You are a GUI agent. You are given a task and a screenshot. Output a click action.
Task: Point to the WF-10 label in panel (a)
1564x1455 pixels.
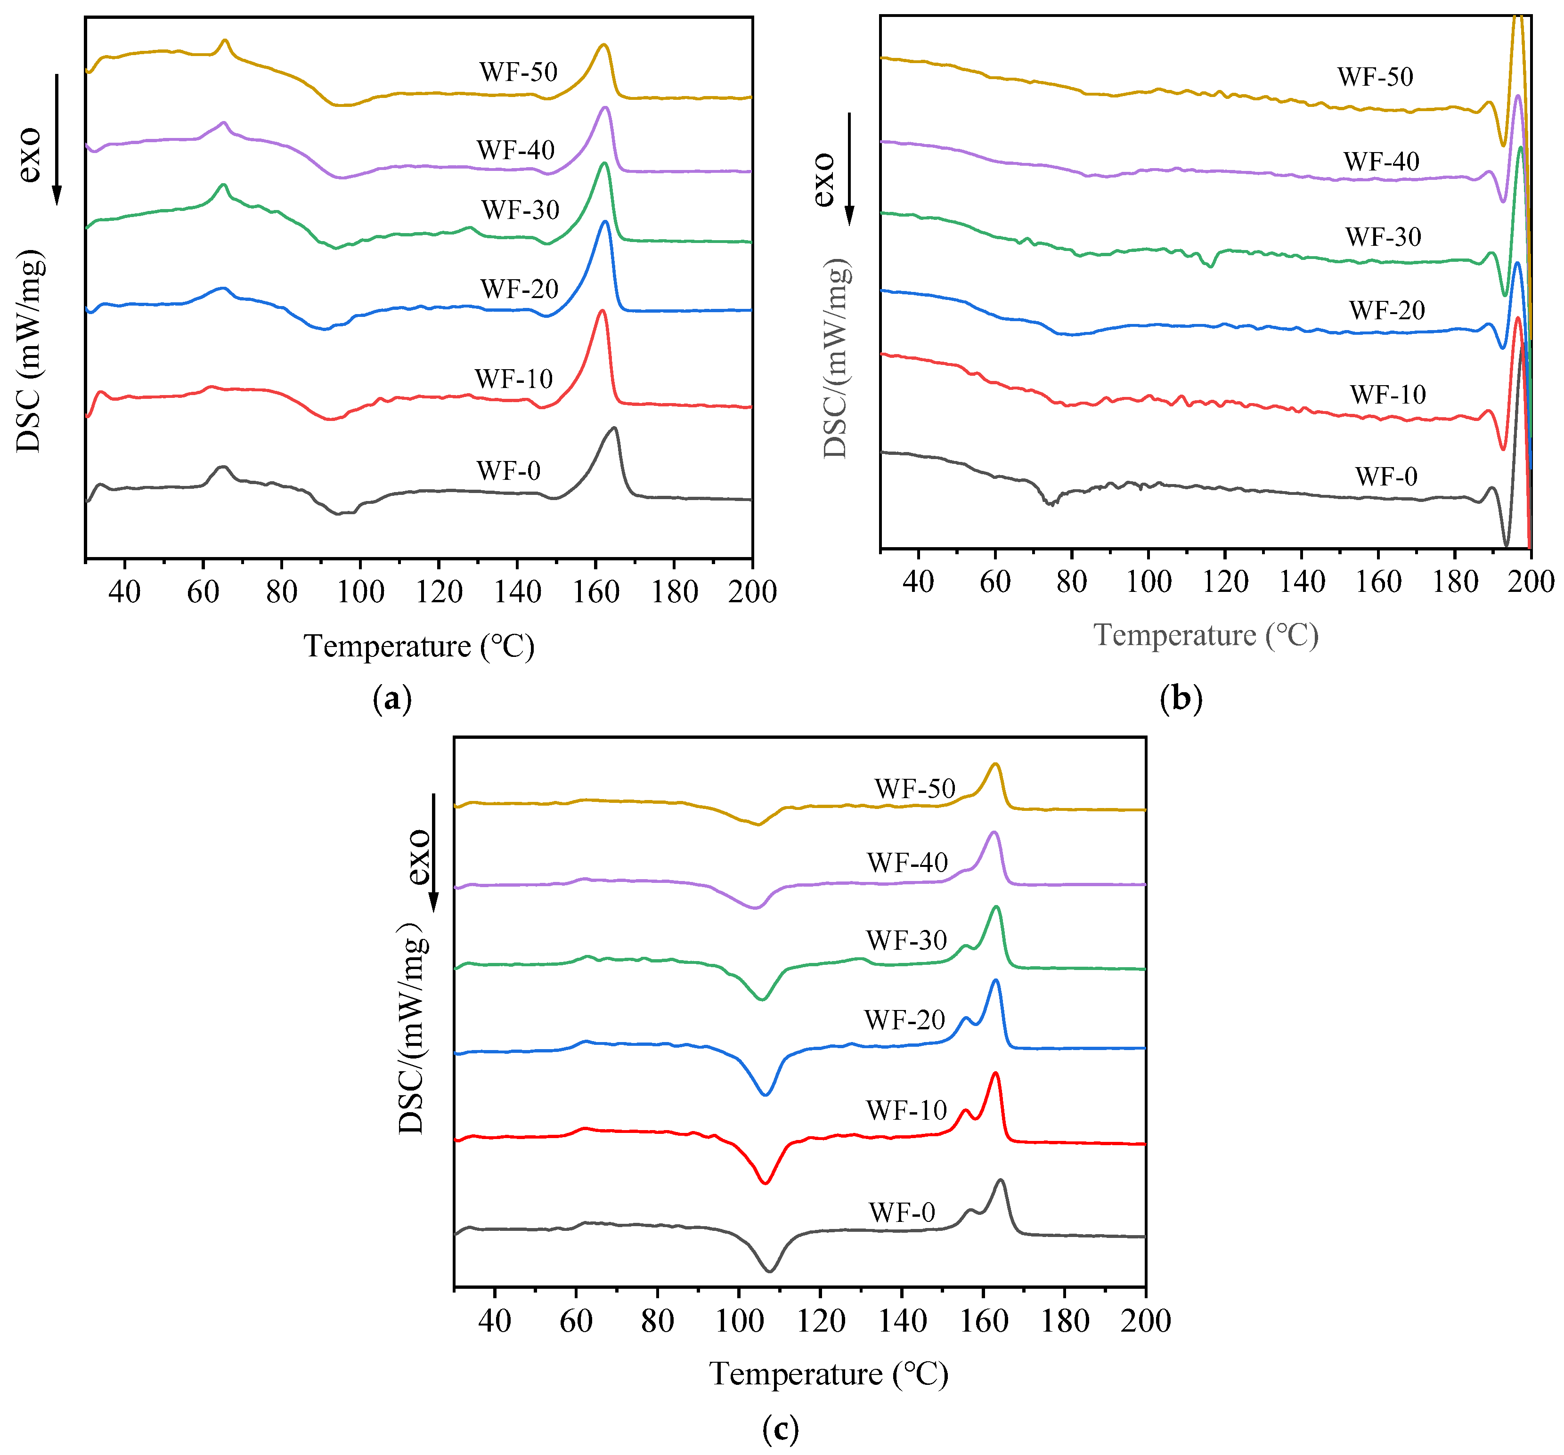click(x=514, y=379)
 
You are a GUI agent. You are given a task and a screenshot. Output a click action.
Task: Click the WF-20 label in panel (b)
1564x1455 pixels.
click(x=1387, y=311)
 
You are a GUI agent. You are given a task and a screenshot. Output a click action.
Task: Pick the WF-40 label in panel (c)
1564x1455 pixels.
click(x=907, y=863)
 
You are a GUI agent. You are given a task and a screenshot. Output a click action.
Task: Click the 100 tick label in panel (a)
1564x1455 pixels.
click(x=360, y=591)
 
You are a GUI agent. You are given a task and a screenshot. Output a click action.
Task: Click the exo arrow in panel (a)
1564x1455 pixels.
click(x=57, y=139)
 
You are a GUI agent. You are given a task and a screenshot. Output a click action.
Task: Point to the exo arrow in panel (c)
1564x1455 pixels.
click(x=433, y=853)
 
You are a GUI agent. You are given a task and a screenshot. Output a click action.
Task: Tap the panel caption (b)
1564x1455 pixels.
click(x=1181, y=698)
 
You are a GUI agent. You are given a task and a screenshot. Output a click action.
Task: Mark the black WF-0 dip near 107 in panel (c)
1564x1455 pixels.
click(x=769, y=1269)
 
